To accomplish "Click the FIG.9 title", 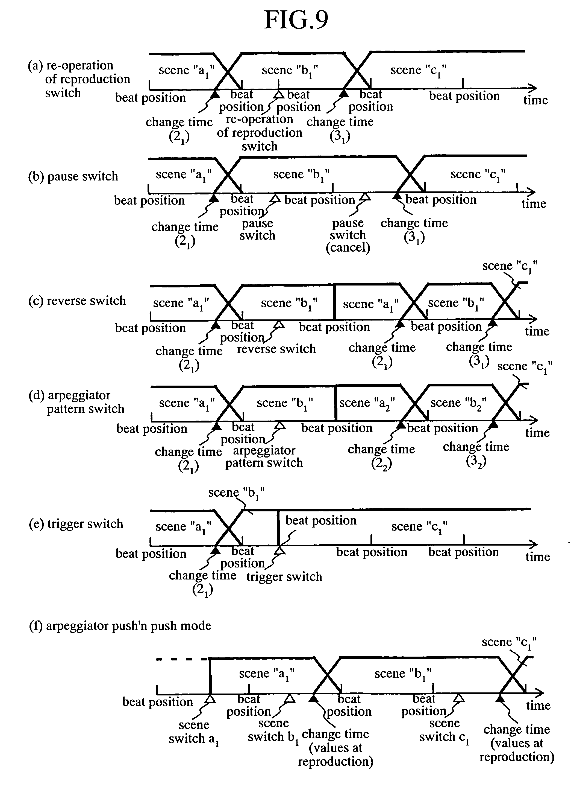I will [296, 20].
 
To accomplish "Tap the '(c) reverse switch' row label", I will [77, 301].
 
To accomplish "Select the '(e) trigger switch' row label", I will [76, 524].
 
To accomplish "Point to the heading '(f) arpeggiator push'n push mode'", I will [120, 626].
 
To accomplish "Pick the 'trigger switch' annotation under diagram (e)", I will [284, 577].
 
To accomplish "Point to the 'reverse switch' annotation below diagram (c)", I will [276, 349].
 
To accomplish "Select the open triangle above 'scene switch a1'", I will [210, 699].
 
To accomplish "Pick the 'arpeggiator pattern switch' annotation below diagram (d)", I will [264, 456].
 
